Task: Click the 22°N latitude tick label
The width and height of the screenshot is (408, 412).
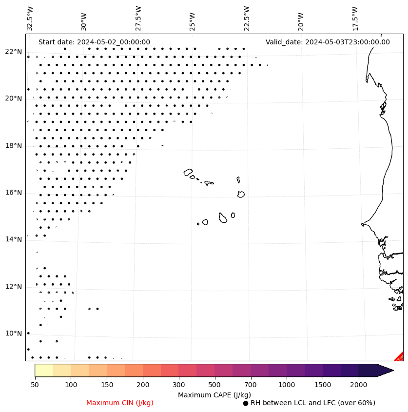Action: [x=14, y=52]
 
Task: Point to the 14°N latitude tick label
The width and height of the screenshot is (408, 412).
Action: [x=14, y=239]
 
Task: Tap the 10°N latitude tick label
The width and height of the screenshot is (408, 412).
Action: [x=14, y=334]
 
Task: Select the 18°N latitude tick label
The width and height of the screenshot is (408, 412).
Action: [x=14, y=146]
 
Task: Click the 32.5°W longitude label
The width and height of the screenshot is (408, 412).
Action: [x=30, y=19]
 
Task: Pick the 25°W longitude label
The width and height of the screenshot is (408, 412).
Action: [x=193, y=19]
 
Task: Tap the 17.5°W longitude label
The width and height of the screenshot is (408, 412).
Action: [x=355, y=19]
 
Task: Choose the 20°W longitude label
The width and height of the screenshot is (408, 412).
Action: [x=301, y=19]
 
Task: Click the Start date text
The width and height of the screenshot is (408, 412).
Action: [x=94, y=42]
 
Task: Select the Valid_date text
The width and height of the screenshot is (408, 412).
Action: [x=328, y=42]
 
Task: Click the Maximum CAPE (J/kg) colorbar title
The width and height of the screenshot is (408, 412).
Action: [x=214, y=394]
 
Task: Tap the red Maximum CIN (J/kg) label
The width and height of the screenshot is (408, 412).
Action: [x=120, y=403]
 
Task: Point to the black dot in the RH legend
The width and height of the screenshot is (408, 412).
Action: [x=246, y=403]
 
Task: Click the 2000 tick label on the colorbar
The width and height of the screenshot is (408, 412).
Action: [x=359, y=385]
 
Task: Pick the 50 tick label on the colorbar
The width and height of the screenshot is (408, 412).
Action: [x=35, y=385]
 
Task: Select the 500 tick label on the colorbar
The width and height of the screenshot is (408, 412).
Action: [x=215, y=385]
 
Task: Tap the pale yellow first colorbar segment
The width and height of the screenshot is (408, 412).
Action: [x=44, y=370]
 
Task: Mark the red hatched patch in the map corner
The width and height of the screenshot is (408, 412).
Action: [x=400, y=357]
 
